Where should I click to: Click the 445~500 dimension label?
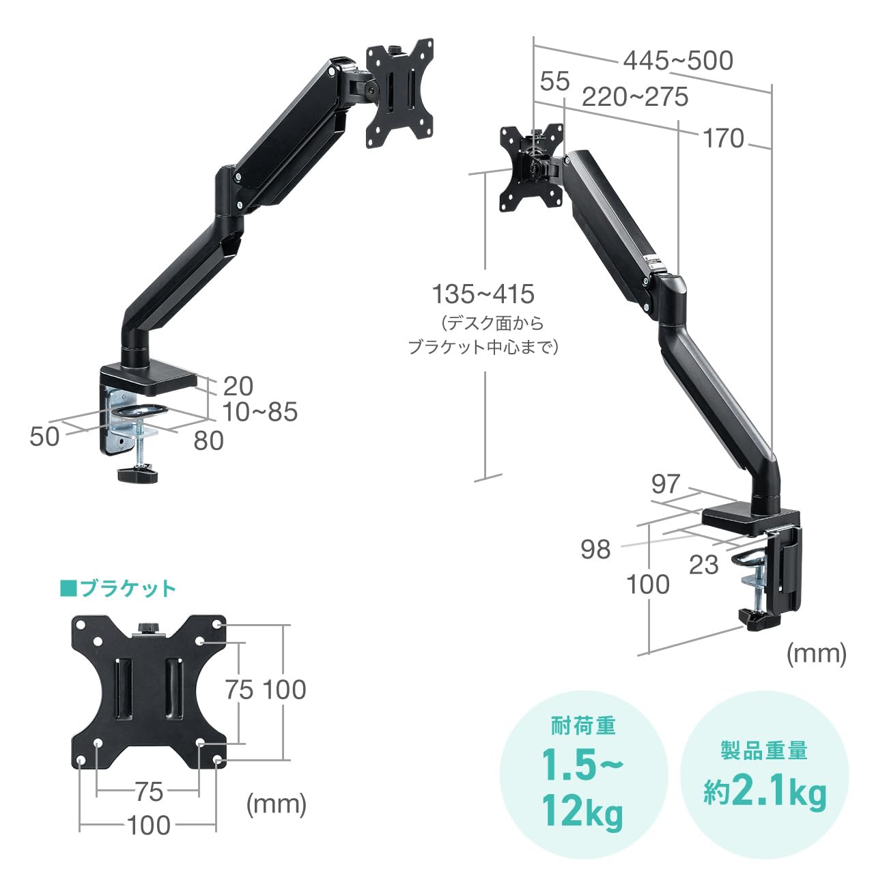(x=677, y=61)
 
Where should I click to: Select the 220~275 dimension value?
(x=634, y=97)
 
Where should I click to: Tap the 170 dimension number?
(x=723, y=139)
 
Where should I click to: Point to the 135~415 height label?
(x=483, y=294)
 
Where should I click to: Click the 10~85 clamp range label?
(x=259, y=412)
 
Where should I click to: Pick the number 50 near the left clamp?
(x=44, y=437)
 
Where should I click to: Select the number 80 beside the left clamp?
(x=208, y=441)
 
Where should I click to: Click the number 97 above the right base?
(x=665, y=484)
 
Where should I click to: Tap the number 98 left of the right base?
(x=595, y=549)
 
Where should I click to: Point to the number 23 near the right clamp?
(x=703, y=565)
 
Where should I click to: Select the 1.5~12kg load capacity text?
(x=582, y=788)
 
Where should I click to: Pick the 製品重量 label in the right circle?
(x=765, y=750)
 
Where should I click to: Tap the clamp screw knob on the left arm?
(x=137, y=474)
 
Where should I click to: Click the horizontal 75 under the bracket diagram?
(x=148, y=792)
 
